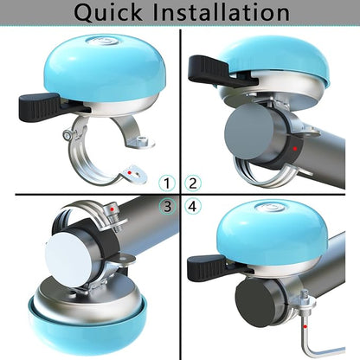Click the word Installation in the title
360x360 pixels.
(x=227, y=13)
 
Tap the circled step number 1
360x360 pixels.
(x=167, y=183)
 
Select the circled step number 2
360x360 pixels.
(x=192, y=183)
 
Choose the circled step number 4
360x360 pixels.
(x=192, y=206)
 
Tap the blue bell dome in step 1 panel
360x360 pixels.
(x=103, y=65)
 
